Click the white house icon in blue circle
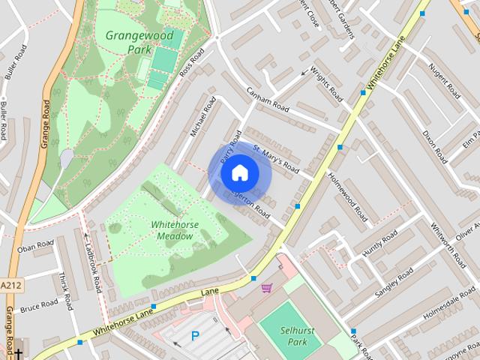(238, 173)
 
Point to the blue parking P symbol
(195, 337)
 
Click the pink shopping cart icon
(266, 287)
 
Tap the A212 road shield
(10, 286)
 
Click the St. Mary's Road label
(276, 159)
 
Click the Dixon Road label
(434, 146)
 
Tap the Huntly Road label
(379, 245)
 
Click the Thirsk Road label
(65, 291)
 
